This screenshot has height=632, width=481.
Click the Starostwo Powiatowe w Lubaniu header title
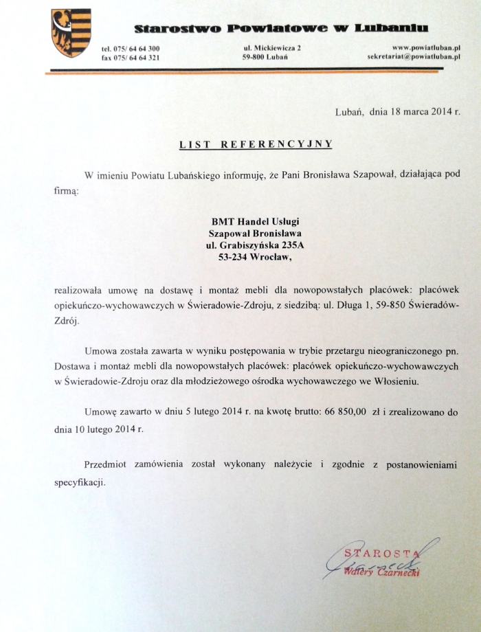point(281,28)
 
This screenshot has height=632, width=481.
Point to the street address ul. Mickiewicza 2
point(272,47)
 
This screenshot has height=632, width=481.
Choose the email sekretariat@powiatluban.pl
point(412,56)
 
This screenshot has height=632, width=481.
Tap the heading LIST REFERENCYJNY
point(256,144)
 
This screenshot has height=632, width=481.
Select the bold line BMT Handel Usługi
point(256,221)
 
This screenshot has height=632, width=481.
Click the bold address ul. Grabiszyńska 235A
point(256,245)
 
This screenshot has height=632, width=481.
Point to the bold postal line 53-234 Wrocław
point(256,258)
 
